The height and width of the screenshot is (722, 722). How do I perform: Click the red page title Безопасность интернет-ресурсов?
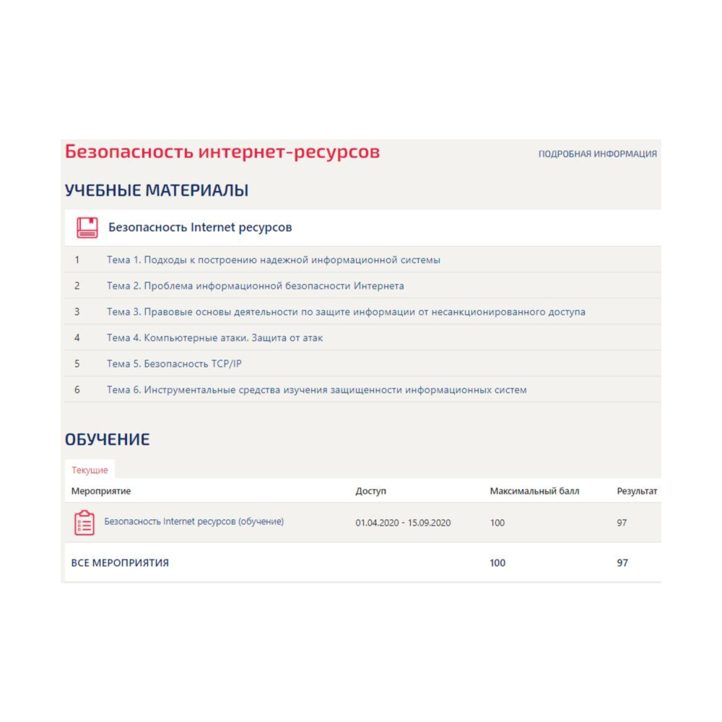[222, 152]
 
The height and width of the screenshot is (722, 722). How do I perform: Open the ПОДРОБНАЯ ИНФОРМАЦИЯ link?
[597, 154]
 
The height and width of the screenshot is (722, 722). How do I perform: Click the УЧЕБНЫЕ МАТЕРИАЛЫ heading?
[157, 191]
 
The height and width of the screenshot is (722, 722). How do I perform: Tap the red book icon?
[87, 227]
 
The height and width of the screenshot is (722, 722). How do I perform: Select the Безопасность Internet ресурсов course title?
[200, 227]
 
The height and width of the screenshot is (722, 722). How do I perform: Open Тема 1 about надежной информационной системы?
[273, 260]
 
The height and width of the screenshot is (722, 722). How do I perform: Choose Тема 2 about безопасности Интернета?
[255, 286]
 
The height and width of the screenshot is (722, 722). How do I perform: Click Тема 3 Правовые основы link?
[346, 312]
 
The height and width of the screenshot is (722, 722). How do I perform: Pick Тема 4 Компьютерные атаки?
[214, 338]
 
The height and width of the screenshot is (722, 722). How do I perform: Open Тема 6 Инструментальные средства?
[316, 390]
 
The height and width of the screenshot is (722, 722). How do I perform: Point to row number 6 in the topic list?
[77, 390]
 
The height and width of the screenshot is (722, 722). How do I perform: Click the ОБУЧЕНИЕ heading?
[107, 440]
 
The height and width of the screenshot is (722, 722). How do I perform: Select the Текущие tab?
[90, 470]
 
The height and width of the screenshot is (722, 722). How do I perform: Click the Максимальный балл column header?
[534, 492]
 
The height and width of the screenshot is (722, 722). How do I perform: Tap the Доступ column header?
[370, 492]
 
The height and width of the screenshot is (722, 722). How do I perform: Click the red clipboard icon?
[84, 523]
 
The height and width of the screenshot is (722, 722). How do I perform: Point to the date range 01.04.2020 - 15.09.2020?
[403, 523]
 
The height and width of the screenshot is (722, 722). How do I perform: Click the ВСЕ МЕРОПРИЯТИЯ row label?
[120, 563]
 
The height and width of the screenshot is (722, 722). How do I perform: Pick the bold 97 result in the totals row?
[622, 563]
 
